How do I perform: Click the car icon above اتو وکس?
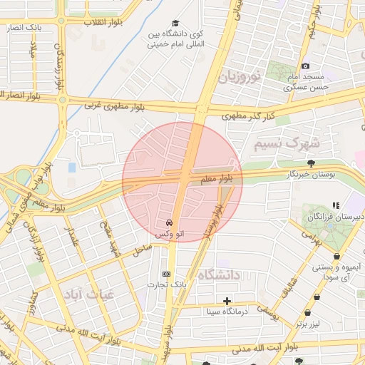pyautogui.click(x=168, y=222)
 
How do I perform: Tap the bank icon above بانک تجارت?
pyautogui.click(x=167, y=273)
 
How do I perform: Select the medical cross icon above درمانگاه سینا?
pyautogui.click(x=227, y=301)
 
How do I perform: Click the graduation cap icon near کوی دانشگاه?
pyautogui.click(x=176, y=24)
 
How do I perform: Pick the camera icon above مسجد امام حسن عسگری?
pyautogui.click(x=306, y=66)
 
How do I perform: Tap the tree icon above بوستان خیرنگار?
pyautogui.click(x=310, y=163)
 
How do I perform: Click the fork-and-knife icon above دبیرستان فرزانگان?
pyautogui.click(x=336, y=205)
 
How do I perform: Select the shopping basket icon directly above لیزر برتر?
pyautogui.click(x=307, y=313)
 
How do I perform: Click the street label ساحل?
pyautogui.click(x=142, y=249)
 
